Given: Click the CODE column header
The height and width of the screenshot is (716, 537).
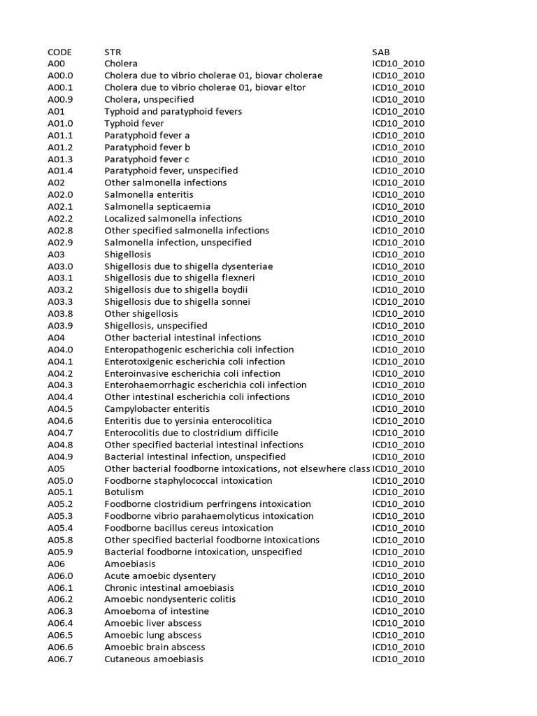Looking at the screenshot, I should pos(59,52).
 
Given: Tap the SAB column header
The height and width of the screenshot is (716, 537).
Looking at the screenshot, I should pos(381,52).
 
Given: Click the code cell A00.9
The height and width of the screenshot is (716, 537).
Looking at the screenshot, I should pos(60,99).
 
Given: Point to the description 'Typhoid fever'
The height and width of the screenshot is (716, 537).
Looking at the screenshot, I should pos(134,123).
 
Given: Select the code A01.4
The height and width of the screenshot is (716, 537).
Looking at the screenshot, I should pos(60,171).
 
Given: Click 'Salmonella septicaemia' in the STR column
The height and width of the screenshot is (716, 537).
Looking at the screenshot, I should pos(157,206).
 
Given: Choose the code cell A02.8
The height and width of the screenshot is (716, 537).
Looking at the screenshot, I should pos(60,230).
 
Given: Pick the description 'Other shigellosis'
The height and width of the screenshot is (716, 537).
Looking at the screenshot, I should pos(141,313).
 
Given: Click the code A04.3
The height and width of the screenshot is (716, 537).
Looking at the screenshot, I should pos(60,385).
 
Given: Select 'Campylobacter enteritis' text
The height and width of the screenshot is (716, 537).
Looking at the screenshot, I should pos(157,408).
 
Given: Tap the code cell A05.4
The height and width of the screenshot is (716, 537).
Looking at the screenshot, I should pos(60,527).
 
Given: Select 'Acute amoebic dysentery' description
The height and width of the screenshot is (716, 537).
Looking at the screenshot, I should pos(160,575).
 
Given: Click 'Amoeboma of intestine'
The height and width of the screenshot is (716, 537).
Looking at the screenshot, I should pos(157,611).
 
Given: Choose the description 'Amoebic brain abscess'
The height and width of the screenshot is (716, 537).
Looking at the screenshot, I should pos(154,647).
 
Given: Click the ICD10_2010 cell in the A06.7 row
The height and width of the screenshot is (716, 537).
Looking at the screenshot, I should pos(398,659).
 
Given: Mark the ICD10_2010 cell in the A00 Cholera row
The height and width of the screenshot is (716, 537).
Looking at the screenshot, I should pos(398,64).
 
